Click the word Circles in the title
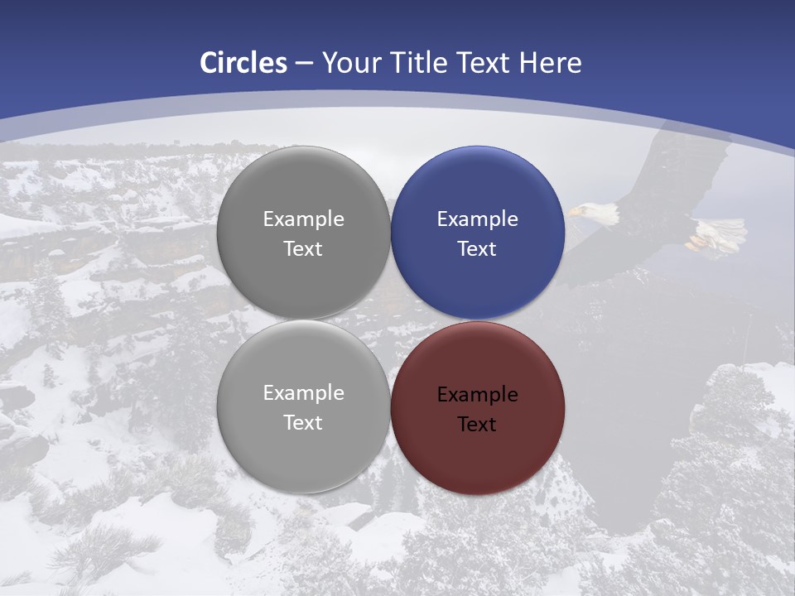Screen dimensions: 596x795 [x=243, y=63]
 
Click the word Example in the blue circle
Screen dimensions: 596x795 [x=477, y=219]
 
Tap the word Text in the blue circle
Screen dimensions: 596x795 [x=477, y=249]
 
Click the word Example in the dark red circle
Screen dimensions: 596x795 [x=477, y=395]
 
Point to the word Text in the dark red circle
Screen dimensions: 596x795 [x=477, y=425]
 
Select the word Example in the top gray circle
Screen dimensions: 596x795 [x=303, y=219]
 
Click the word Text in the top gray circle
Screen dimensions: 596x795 [x=303, y=249]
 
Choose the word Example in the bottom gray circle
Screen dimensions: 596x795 [x=303, y=393]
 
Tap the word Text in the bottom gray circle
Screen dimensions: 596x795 [x=303, y=423]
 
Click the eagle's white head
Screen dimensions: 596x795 [x=599, y=214]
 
